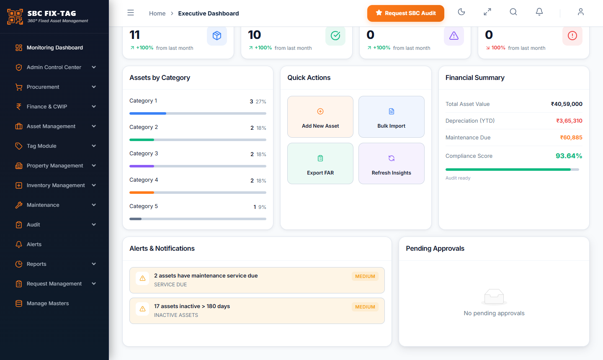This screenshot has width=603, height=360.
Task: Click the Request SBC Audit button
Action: pos(405,13)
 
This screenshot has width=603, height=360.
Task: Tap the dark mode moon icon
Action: pos(461,12)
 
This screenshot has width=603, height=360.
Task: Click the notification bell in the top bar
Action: pos(539,12)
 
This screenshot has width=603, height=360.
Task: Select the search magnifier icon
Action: pos(513,12)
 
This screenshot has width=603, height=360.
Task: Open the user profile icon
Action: pos(581,12)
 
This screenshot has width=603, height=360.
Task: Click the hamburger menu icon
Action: pos(131,13)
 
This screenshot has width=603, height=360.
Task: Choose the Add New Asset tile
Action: pos(320,117)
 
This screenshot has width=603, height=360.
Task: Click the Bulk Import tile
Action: pos(392,117)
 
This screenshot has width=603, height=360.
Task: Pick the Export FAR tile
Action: pos(320,163)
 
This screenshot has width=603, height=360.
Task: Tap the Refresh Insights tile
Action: pos(392,163)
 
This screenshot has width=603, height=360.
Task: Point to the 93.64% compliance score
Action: pos(569,156)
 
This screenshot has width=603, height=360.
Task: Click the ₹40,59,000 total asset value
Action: pos(567,104)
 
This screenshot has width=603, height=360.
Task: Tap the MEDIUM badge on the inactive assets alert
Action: pos(365,307)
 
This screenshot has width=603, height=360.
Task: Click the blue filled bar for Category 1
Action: pos(148,113)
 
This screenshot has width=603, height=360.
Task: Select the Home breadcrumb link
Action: pos(157,13)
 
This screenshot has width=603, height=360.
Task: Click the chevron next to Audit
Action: pos(94,225)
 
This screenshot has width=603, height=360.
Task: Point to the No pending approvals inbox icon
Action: pos(494,297)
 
